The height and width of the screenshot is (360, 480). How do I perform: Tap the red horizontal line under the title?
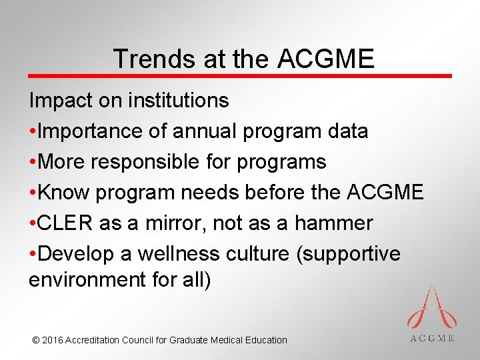click(240, 76)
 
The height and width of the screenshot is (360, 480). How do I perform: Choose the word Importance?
click(90, 131)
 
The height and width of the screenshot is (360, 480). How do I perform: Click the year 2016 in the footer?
click(53, 340)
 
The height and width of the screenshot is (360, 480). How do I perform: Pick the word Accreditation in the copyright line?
click(93, 340)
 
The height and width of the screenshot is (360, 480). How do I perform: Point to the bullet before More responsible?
click(33, 162)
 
